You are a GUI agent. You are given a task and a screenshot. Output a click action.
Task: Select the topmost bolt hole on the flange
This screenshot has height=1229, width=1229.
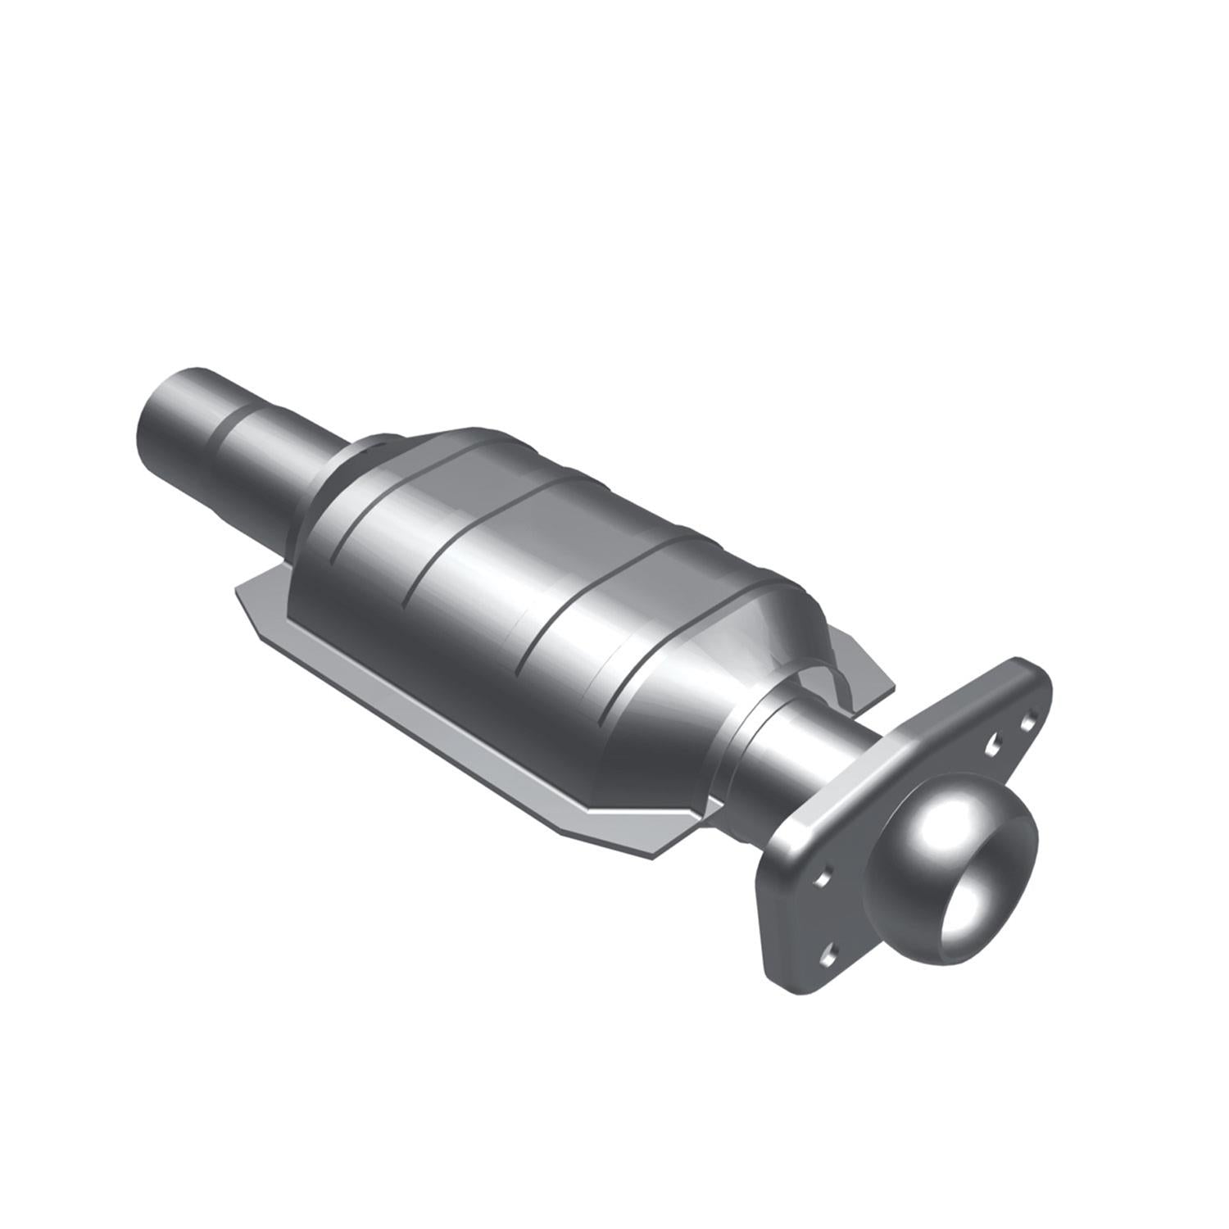(x=1027, y=723)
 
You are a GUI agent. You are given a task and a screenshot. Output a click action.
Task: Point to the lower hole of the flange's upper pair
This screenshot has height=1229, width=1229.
(x=993, y=743)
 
